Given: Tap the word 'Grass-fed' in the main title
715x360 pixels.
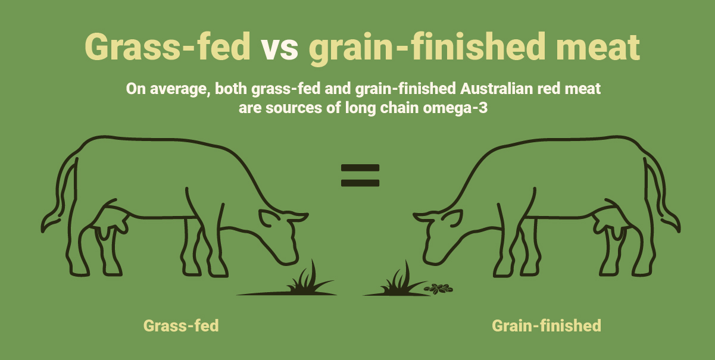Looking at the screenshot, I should click(x=167, y=46).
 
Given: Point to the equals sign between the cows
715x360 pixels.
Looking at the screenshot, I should click(x=360, y=176).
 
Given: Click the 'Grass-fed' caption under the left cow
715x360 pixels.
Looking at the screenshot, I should click(x=181, y=326).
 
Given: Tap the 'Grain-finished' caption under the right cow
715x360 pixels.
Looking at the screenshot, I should click(x=546, y=326).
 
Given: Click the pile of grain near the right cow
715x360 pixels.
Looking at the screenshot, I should click(x=438, y=289).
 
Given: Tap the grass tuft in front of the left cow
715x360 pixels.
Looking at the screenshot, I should click(x=304, y=280).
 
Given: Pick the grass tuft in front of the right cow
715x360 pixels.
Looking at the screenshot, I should click(x=397, y=280).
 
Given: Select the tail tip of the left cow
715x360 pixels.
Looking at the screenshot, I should click(x=46, y=225).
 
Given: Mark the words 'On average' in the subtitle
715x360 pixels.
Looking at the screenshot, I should click(x=159, y=90).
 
